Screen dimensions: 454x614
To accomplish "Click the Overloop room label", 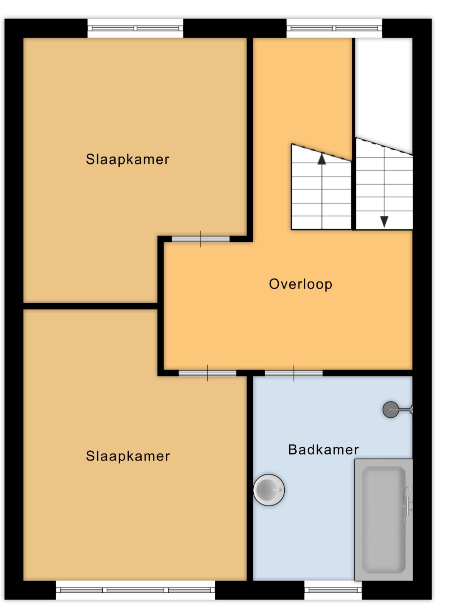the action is [x=300, y=284].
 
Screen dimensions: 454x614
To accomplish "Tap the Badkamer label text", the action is [x=323, y=450].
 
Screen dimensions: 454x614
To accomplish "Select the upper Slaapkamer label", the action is [x=127, y=160].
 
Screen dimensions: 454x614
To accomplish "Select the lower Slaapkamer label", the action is [x=128, y=456].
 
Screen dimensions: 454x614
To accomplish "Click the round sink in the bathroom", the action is [x=269, y=490].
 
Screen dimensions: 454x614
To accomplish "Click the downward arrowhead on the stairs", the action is [x=384, y=222].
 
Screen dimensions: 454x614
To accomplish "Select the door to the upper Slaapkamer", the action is [x=201, y=239].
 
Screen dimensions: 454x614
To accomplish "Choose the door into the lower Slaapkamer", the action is [x=207, y=373].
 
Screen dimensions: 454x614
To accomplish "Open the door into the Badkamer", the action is [x=294, y=373].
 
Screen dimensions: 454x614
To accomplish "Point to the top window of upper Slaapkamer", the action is [x=135, y=28].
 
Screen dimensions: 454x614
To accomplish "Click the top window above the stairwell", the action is [x=334, y=28].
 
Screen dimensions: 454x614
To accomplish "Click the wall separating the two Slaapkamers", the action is [x=90, y=306].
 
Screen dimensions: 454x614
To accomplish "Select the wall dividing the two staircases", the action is [x=354, y=134].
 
